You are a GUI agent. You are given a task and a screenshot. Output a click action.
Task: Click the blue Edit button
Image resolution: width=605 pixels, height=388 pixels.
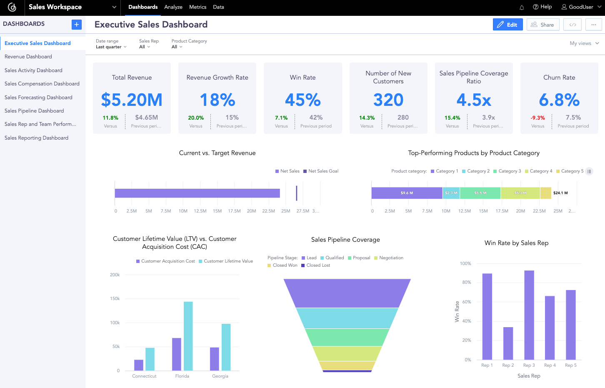click(507, 25)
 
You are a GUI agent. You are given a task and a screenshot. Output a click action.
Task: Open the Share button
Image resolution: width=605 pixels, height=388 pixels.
click(542, 25)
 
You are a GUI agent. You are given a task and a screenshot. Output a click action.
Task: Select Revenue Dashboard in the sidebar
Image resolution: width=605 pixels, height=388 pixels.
click(28, 57)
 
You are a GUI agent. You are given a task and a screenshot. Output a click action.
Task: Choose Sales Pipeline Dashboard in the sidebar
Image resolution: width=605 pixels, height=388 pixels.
click(34, 111)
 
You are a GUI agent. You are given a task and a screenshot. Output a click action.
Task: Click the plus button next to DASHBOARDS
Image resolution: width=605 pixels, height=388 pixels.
click(77, 25)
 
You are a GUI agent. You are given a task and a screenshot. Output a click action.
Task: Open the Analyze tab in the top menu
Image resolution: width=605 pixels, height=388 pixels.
click(173, 7)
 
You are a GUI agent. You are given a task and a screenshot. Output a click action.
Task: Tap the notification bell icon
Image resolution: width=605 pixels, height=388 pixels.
click(522, 8)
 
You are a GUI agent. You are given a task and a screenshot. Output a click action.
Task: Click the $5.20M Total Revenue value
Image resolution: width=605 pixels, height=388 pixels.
click(132, 100)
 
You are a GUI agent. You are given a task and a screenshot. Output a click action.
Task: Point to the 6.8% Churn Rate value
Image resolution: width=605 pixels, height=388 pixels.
click(559, 100)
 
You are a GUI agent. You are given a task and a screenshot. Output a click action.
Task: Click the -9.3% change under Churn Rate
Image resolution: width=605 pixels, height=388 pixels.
click(537, 118)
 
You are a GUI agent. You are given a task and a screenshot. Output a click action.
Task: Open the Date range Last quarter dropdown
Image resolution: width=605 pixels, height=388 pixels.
click(111, 47)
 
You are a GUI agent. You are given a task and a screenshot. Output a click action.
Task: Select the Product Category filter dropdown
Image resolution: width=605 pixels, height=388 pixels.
click(177, 47)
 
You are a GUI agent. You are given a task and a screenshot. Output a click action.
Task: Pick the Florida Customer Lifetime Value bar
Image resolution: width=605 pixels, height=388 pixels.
click(188, 336)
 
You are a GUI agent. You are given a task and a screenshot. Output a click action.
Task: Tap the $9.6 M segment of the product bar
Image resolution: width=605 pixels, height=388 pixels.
click(407, 193)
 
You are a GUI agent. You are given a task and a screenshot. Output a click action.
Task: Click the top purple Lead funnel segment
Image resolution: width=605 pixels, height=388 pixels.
click(347, 293)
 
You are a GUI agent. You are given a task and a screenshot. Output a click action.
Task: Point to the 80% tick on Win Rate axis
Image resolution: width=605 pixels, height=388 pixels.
click(466, 283)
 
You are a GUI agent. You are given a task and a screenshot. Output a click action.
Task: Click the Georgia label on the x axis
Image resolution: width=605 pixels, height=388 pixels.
click(220, 376)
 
